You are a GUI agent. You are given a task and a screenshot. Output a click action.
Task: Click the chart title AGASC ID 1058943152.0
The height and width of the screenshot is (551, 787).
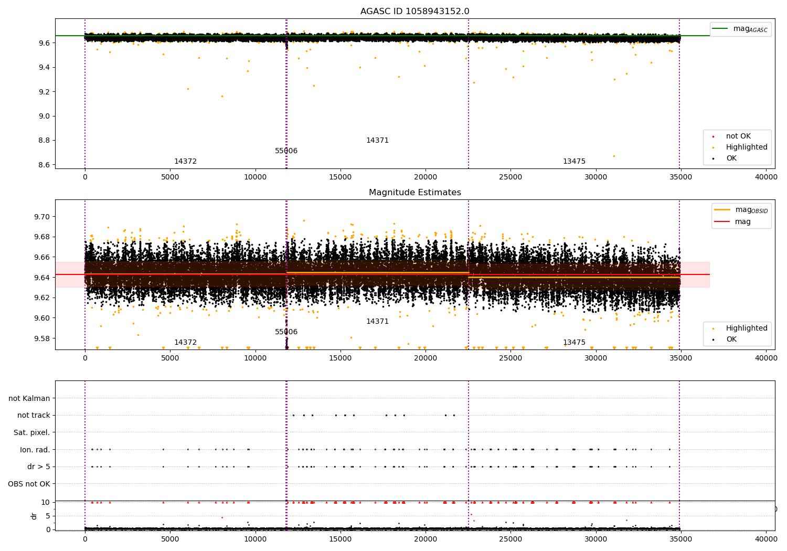(414, 12)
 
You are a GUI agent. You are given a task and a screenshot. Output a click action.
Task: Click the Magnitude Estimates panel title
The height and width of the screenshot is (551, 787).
(414, 193)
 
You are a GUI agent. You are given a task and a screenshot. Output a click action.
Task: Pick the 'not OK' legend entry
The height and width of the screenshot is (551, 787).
(738, 136)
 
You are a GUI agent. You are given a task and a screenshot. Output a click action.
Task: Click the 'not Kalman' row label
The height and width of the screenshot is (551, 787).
(29, 398)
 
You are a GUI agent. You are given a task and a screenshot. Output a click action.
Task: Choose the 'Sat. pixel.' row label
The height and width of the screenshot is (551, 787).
(31, 432)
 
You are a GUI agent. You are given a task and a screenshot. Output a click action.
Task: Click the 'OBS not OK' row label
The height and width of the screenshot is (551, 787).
(29, 484)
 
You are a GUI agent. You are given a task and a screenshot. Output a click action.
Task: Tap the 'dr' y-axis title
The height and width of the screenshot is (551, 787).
(34, 516)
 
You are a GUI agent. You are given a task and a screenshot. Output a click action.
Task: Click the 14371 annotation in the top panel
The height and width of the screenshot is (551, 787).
(377, 141)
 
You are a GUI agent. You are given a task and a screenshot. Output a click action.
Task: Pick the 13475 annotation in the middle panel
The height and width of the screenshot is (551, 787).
(574, 343)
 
